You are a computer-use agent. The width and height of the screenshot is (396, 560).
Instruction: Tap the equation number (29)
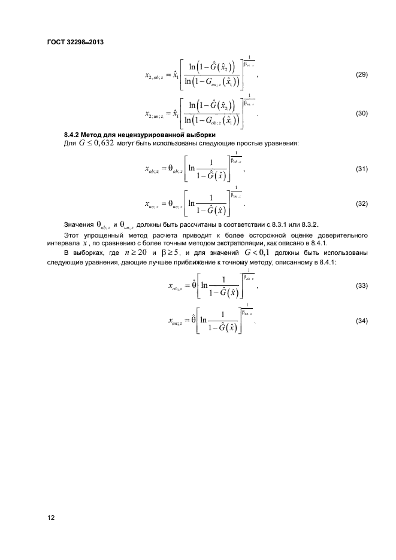coord(361,75)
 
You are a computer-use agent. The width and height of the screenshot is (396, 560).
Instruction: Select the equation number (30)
coord(361,114)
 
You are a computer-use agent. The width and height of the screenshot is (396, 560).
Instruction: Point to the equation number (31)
coord(361,169)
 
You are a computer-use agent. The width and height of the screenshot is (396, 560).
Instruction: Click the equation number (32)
coord(361,203)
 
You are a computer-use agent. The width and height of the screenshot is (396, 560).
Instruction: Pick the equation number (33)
coord(361,286)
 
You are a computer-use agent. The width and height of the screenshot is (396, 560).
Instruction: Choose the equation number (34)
coord(361,321)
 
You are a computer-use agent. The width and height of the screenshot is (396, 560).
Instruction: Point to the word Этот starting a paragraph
coord(73,235)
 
